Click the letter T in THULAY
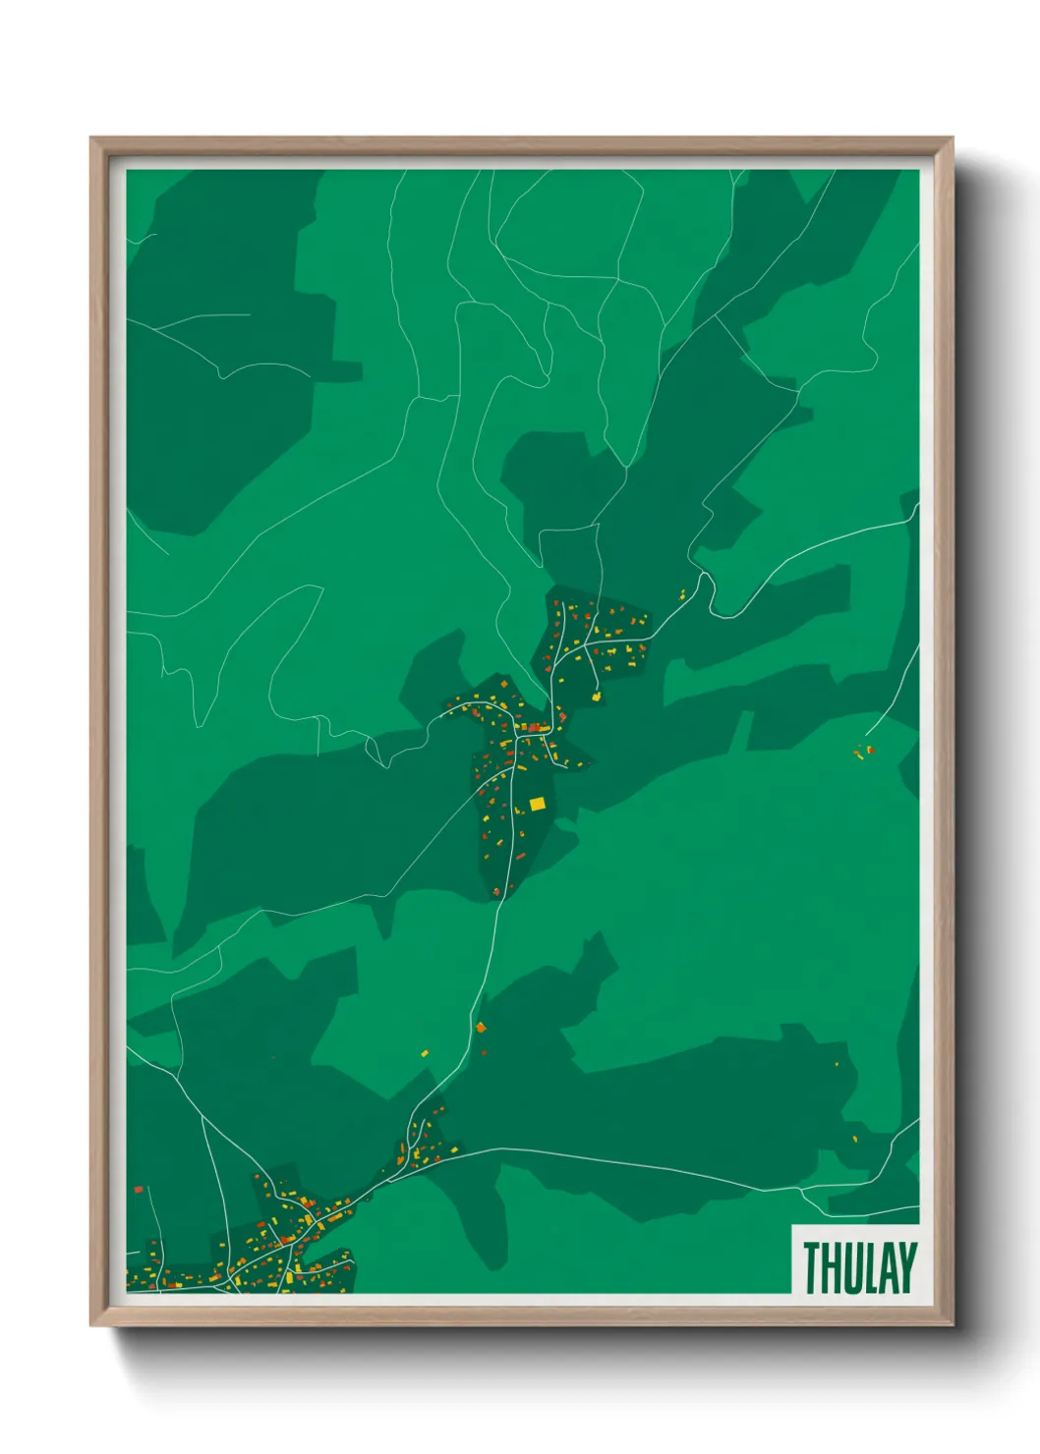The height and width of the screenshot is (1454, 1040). [813, 1268]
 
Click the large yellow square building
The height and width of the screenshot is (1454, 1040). [537, 804]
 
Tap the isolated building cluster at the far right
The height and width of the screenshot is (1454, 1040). [864, 753]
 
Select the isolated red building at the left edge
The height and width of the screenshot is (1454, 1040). [139, 1190]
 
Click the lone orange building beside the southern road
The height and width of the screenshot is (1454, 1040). [481, 1028]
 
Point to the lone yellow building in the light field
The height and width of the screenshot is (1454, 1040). [425, 1053]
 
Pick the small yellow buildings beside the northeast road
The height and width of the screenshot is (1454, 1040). [682, 593]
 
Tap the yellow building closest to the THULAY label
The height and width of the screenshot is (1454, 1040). [854, 1140]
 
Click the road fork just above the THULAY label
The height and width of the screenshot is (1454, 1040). [800, 1190]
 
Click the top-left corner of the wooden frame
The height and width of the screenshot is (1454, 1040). [91, 139]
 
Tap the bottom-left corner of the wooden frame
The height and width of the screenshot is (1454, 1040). [91, 1325]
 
